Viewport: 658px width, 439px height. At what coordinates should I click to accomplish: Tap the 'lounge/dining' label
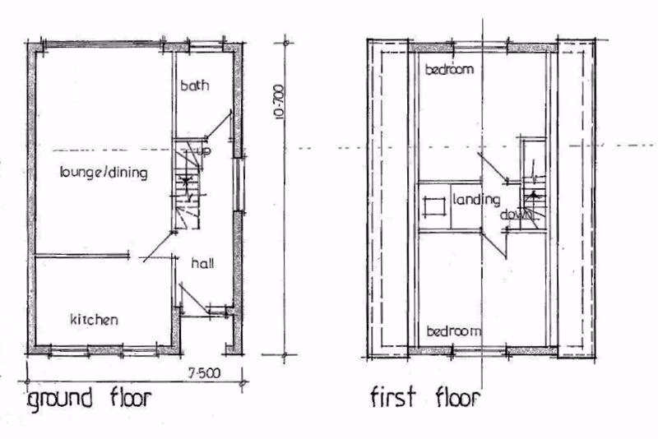[x=103, y=173]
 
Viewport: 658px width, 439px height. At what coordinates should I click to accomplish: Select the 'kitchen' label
[x=94, y=319]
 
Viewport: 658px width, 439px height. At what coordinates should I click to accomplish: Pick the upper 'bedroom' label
[x=449, y=70]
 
